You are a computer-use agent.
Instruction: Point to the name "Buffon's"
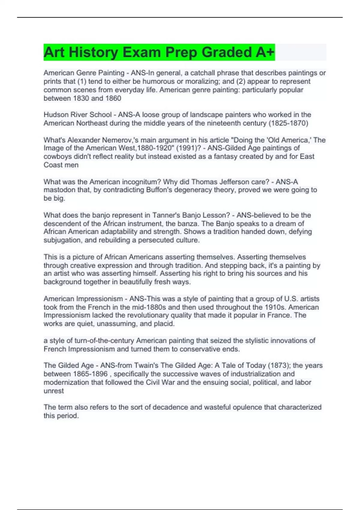pos(160,190)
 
